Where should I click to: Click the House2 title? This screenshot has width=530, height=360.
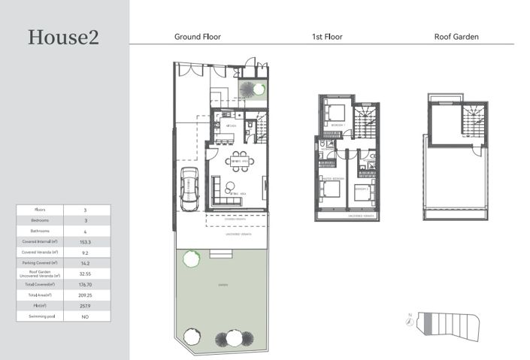click(63, 37)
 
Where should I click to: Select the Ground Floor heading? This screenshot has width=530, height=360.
click(198, 36)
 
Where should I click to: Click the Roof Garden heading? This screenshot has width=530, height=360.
click(456, 36)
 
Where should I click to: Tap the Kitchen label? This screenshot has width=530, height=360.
click(221, 126)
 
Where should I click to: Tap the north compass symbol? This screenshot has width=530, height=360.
click(409, 322)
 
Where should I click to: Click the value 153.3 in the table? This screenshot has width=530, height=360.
click(86, 242)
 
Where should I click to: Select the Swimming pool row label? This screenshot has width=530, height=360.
click(40, 317)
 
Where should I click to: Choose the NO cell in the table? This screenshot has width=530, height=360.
click(86, 317)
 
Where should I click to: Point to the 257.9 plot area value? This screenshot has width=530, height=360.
click(86, 307)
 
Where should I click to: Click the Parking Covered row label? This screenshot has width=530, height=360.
click(40, 264)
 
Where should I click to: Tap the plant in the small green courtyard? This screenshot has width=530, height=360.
click(259, 89)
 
